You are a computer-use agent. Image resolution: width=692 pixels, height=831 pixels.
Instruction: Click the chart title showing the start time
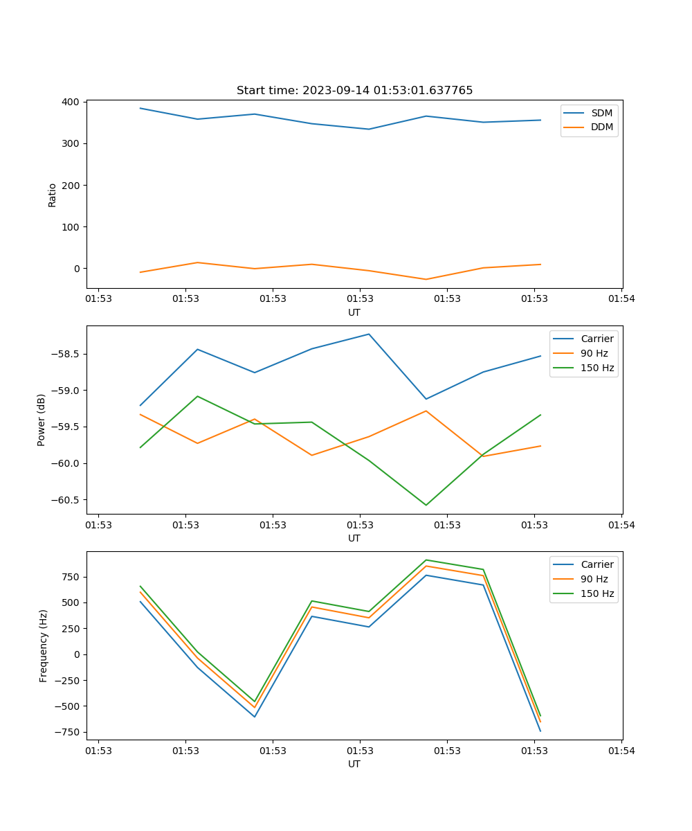pyautogui.click(x=354, y=91)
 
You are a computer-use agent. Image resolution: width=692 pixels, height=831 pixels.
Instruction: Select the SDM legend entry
pyautogui.click(x=601, y=113)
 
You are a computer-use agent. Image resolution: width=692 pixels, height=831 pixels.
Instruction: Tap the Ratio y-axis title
pyautogui.click(x=53, y=195)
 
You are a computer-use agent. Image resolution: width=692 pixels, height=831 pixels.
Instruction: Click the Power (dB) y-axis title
pyautogui.click(x=42, y=420)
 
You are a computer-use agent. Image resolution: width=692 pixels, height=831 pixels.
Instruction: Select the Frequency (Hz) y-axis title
pyautogui.click(x=43, y=645)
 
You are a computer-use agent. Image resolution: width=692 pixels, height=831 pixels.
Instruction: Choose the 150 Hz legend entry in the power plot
pyautogui.click(x=597, y=368)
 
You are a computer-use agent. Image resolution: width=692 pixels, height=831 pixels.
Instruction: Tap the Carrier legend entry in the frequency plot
pyautogui.click(x=597, y=564)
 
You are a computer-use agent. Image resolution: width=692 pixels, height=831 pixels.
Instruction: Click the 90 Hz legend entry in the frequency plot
pyautogui.click(x=594, y=579)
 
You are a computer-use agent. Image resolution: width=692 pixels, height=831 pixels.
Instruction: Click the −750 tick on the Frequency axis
pyautogui.click(x=70, y=732)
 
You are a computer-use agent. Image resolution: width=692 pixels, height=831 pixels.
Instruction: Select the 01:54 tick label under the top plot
pyautogui.click(x=621, y=299)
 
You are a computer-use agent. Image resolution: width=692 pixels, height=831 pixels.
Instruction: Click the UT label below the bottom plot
pyautogui.click(x=354, y=764)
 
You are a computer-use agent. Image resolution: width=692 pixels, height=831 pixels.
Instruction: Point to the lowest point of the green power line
pyautogui.click(x=426, y=505)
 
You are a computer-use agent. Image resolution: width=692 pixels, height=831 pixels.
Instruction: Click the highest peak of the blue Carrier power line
pyautogui.click(x=369, y=334)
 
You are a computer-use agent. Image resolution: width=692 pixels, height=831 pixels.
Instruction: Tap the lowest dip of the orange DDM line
pyautogui.click(x=426, y=279)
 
